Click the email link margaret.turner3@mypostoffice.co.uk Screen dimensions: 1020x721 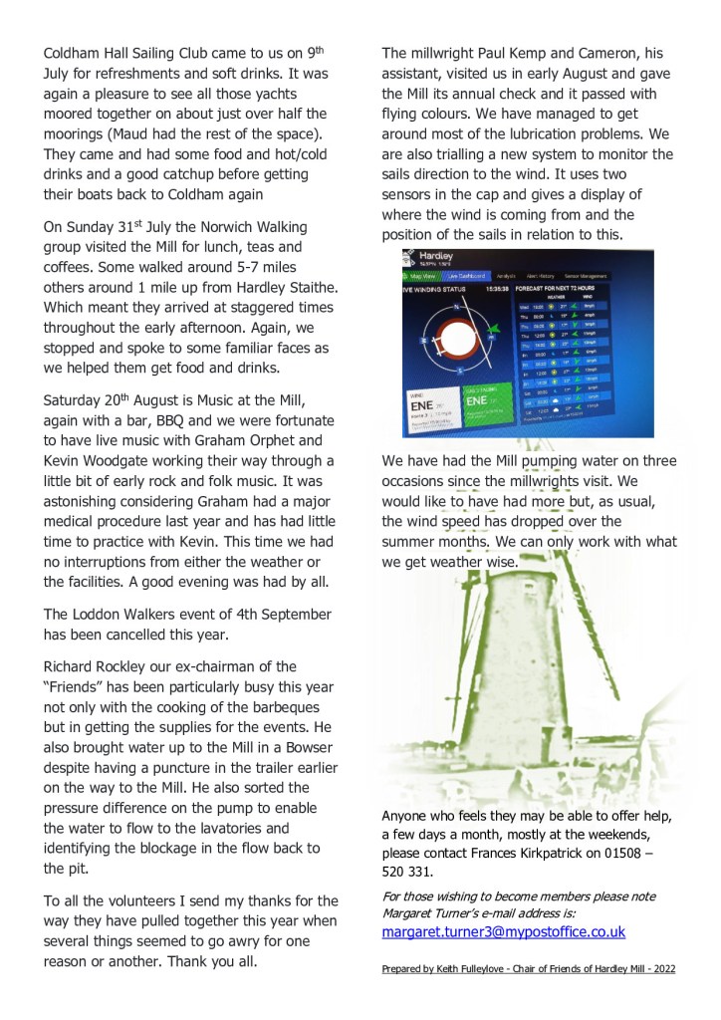503,931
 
